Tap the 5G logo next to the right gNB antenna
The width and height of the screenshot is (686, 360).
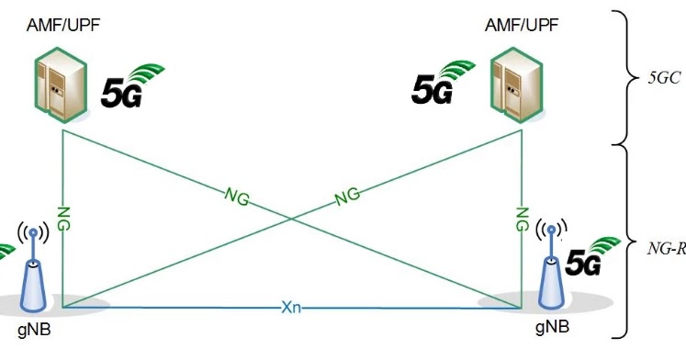(x=587, y=256)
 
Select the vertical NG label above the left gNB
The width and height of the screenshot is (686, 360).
(x=62, y=219)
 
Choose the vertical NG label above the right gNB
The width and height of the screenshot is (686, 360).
(x=522, y=219)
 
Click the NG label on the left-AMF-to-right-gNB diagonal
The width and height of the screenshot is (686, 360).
(x=236, y=194)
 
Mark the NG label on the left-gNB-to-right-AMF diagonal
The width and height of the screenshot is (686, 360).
(x=346, y=195)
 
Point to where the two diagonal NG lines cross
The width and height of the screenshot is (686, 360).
(x=292, y=219)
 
